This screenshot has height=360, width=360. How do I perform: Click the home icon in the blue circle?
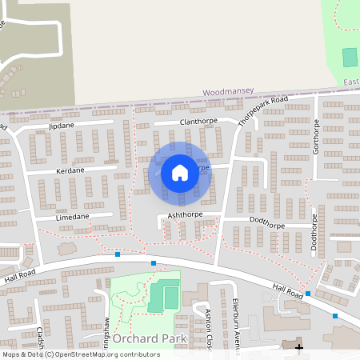point(179,172)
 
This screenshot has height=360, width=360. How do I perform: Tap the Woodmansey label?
point(225,93)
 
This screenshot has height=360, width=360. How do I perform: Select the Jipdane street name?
point(60,126)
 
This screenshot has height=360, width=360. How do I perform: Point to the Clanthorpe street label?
point(199,122)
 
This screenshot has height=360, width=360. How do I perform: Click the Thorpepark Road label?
point(262,112)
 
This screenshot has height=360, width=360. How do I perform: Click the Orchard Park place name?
point(150,338)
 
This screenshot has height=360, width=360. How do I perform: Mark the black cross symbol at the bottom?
point(300,346)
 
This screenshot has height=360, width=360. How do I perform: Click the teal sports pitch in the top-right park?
point(350,58)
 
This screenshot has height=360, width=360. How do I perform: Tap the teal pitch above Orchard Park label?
point(170,297)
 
